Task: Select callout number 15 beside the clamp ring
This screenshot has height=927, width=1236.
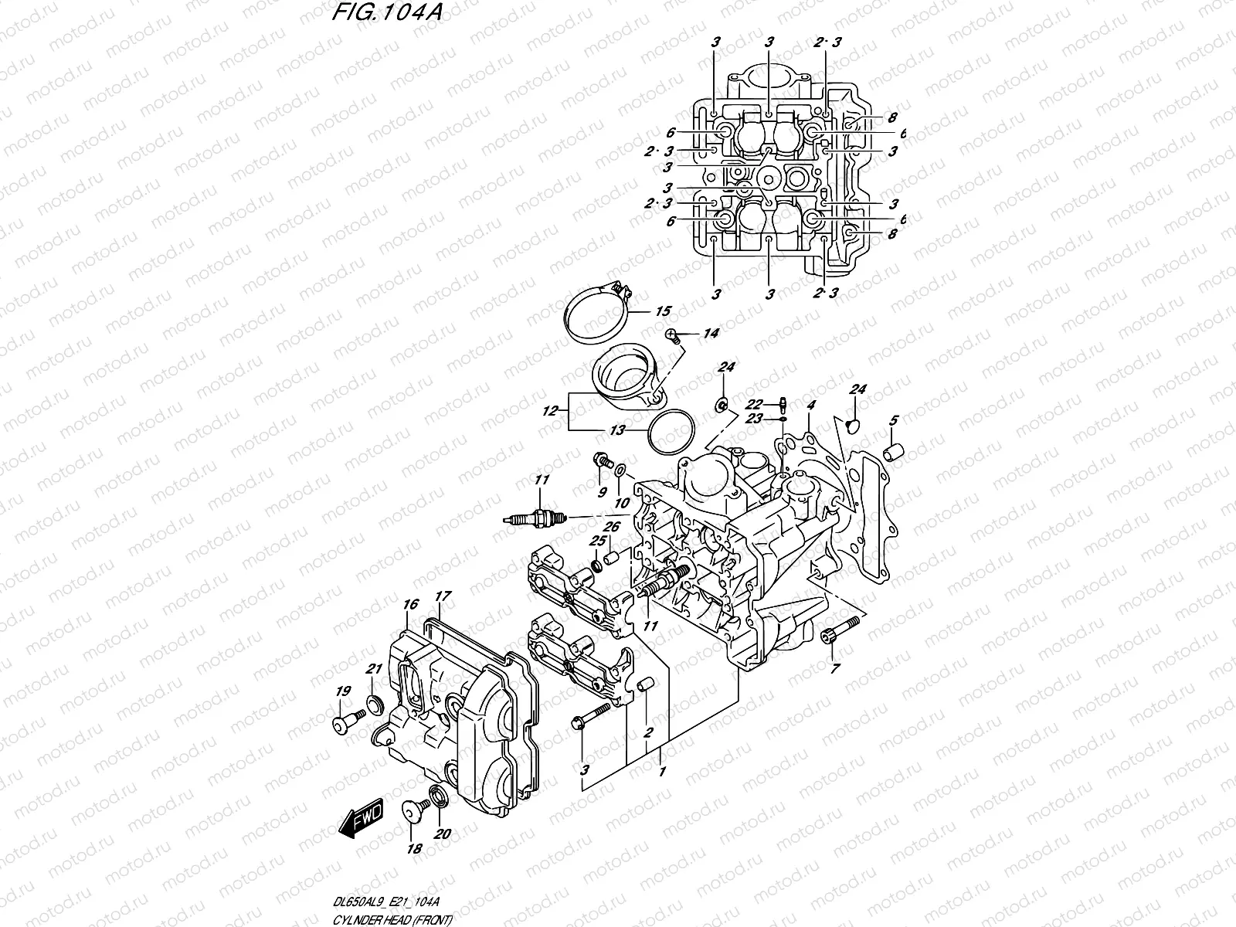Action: [663, 311]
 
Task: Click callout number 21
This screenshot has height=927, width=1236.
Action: [374, 668]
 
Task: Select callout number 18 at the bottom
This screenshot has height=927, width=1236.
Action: [415, 848]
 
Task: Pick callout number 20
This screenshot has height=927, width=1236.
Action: [441, 834]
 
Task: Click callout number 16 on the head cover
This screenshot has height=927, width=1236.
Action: [409, 603]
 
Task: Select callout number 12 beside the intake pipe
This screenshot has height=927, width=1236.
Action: [550, 413]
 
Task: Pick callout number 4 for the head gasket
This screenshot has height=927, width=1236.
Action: [811, 405]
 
